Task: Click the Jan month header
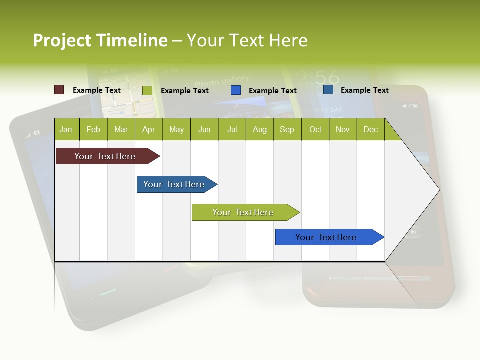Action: (x=66, y=129)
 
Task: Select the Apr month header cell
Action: (x=148, y=129)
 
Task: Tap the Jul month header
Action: (x=232, y=129)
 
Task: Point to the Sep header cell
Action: (x=287, y=129)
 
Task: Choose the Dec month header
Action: (x=370, y=129)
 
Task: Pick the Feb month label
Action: (x=93, y=129)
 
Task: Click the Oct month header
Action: (x=315, y=129)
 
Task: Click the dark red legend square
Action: (x=59, y=90)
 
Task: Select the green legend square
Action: (x=147, y=90)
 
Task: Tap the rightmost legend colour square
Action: (x=328, y=90)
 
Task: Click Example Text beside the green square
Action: (x=185, y=91)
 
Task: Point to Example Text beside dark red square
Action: (x=97, y=90)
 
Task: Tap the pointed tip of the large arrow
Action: (x=438, y=189)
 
